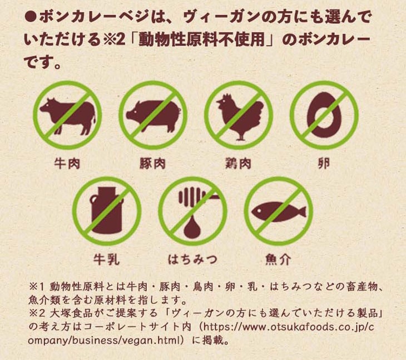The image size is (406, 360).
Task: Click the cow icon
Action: coord(68,116)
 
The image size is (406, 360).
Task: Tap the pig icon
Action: coord(154,116)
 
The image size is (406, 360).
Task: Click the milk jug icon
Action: coord(107,210)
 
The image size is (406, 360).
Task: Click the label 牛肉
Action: coord(67,164)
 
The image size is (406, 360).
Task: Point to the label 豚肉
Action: coord(152,164)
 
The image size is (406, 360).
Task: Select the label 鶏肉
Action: coord(238,164)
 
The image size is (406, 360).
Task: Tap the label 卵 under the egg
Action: coord(324,164)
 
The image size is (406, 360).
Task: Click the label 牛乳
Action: coord(106,259)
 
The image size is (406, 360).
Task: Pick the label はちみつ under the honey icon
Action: coord(192,259)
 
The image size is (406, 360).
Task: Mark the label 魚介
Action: coord(278,259)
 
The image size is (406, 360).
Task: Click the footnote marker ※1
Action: coord(37,287)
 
